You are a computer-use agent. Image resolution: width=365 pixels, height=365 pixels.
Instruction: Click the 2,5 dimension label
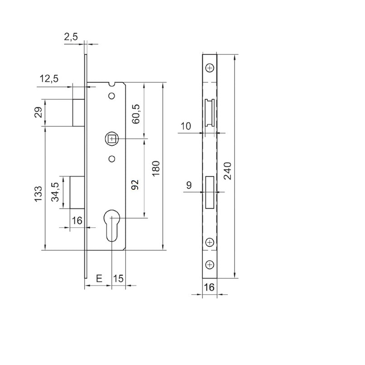[x=71, y=38]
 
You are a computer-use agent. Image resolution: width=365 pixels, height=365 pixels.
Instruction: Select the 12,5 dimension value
[x=49, y=78]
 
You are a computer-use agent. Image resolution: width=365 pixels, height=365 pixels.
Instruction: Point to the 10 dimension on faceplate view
[x=186, y=126]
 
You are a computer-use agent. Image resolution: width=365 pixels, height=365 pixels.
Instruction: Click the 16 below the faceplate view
[x=209, y=287]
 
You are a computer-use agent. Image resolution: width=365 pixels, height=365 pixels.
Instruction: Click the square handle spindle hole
[x=111, y=139]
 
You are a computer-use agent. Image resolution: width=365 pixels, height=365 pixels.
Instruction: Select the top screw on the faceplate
[x=209, y=68]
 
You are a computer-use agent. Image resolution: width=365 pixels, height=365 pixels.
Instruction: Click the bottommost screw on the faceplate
[x=209, y=264]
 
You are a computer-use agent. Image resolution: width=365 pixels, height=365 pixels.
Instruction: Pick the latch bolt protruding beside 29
[x=78, y=112]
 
